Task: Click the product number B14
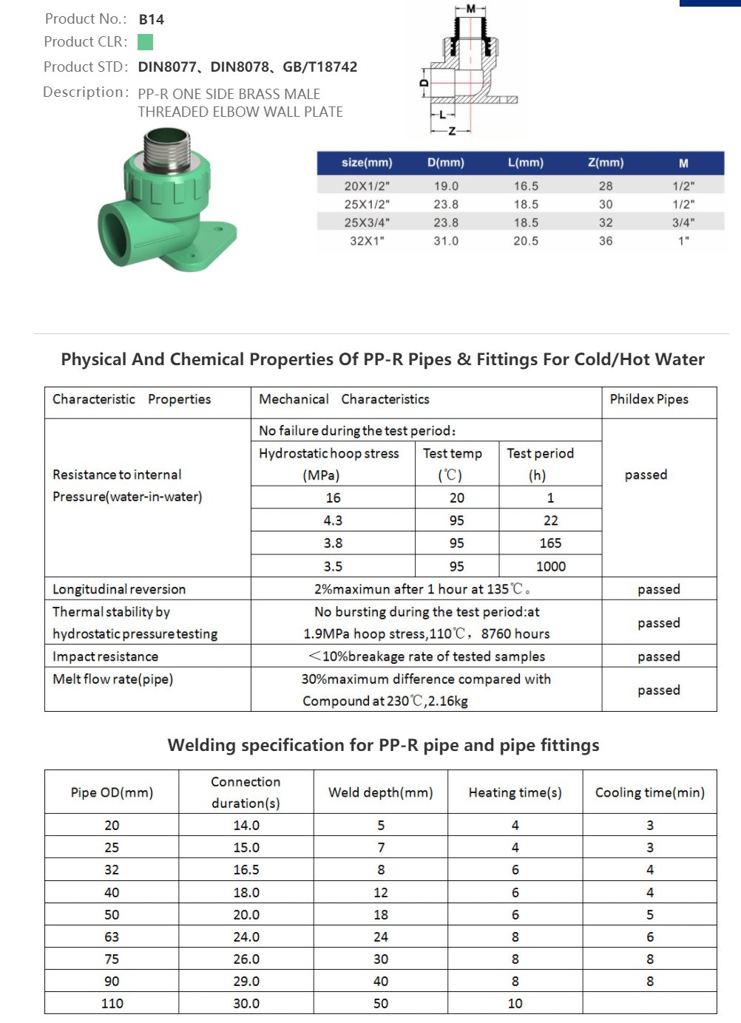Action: (152, 19)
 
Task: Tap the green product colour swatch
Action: (146, 42)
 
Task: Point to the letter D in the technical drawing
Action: (424, 84)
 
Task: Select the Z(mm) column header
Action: (606, 163)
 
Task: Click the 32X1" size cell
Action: (367, 241)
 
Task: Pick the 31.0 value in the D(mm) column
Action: (446, 241)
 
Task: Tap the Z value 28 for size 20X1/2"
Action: (606, 186)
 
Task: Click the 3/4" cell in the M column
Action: (683, 222)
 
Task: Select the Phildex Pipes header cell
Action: (649, 399)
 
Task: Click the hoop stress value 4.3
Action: (333, 520)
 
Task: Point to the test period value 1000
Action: (551, 566)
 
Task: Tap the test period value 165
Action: (551, 543)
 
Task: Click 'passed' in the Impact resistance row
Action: (659, 656)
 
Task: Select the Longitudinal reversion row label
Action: (119, 589)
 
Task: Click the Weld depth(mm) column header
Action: (381, 792)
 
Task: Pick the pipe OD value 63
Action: (112, 937)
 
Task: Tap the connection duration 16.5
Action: (246, 870)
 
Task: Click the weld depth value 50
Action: (381, 1003)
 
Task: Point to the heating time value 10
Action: (515, 1003)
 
